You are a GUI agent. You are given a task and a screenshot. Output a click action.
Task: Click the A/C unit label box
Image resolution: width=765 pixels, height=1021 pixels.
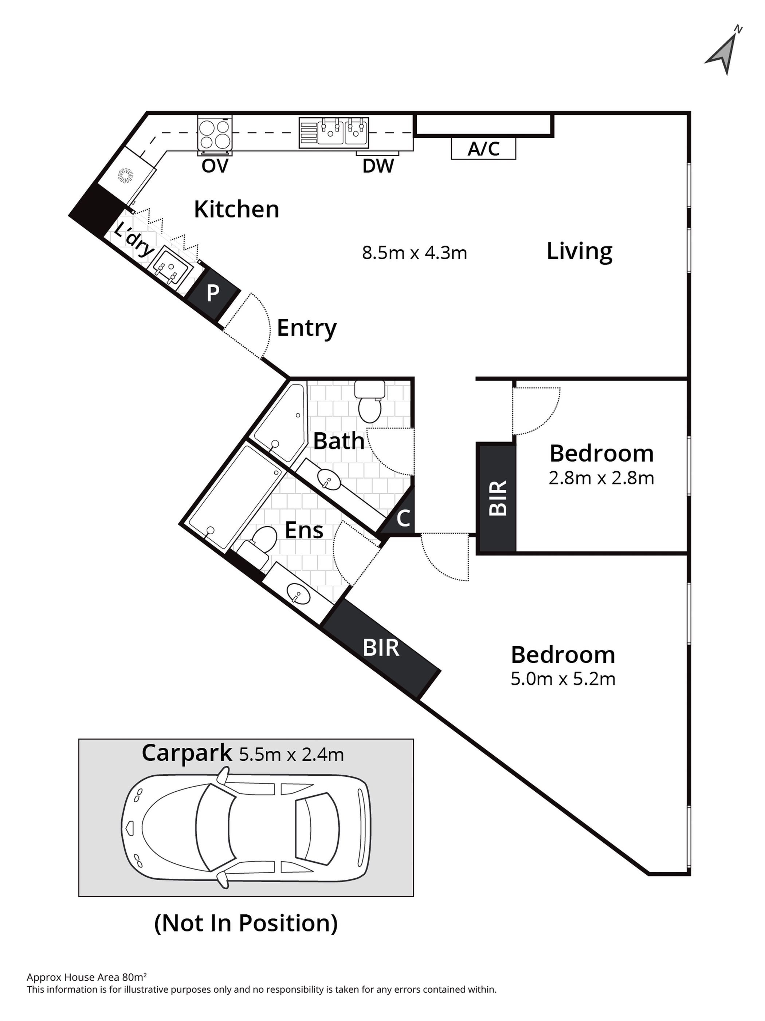click(483, 149)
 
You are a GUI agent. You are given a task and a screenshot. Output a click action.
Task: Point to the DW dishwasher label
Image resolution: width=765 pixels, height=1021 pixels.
click(378, 166)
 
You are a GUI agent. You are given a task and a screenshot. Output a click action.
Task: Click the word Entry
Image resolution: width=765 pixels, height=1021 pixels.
click(306, 328)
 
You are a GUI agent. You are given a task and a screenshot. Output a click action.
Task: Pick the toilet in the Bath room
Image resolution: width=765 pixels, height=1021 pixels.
click(369, 401)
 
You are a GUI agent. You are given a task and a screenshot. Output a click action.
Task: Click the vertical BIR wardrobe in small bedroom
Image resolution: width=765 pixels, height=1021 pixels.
click(497, 498)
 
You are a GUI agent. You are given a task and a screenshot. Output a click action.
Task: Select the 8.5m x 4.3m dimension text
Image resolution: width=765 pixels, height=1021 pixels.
click(415, 253)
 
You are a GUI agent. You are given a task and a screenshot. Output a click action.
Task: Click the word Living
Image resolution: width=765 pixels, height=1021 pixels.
click(579, 252)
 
